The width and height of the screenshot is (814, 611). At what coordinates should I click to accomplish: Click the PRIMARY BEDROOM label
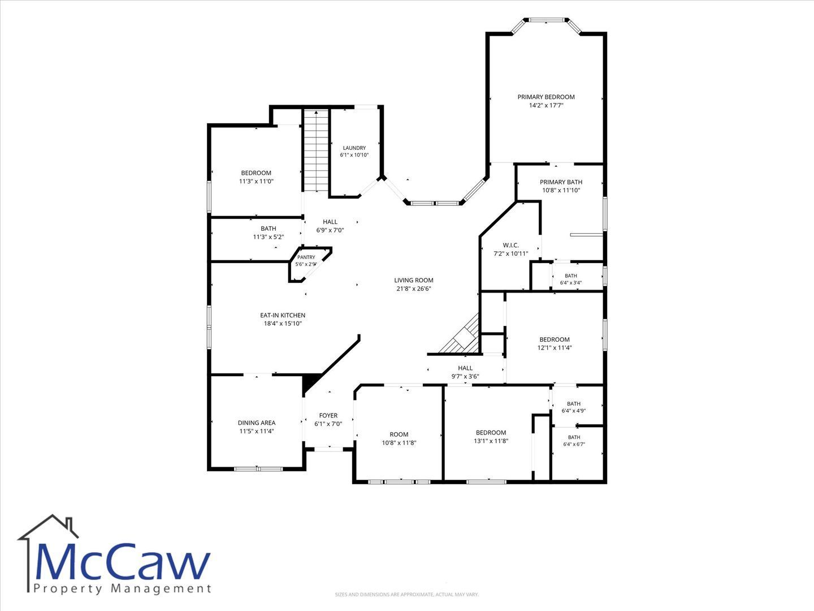546,97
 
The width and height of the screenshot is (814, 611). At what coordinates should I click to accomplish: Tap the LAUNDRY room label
354,148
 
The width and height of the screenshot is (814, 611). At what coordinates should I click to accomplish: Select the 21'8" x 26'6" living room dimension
413,289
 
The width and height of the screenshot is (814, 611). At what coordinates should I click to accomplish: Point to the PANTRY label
306,257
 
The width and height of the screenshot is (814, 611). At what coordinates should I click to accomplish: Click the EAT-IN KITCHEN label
283,315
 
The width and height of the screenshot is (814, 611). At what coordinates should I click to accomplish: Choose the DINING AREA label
257,423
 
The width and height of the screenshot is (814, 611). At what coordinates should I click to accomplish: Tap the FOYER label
328,415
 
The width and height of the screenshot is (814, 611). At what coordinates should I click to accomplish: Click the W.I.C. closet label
510,245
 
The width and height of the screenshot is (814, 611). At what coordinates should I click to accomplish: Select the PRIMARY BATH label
561,182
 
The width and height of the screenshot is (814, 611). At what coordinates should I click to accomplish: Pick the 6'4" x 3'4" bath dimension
571,283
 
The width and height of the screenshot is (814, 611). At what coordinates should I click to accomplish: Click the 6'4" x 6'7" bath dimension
574,444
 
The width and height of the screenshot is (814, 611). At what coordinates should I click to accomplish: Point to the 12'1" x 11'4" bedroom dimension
555,348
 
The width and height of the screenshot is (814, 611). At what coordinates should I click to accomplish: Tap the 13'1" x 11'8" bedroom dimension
491,441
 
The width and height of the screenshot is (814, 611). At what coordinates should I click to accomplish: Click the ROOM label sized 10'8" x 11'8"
399,434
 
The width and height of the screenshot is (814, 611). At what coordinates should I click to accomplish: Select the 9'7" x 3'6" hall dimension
465,377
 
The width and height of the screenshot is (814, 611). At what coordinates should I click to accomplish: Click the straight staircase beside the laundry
316,150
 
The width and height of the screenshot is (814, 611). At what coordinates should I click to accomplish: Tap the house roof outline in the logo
48,527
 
